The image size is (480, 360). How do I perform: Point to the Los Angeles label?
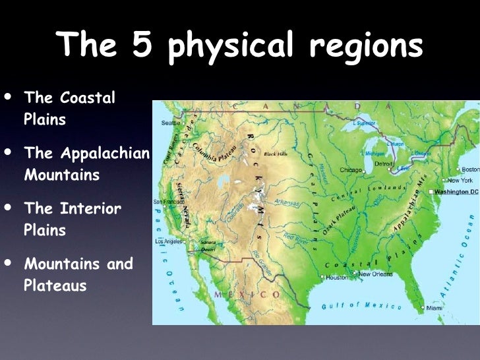169,241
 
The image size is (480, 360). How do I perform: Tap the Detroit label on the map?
384,163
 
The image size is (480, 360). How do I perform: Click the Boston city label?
470,169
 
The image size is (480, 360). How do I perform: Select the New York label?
460,180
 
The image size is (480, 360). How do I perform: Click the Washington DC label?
456,191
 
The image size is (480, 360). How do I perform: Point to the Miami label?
434,308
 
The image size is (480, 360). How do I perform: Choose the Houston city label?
337,278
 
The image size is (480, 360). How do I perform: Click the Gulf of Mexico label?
361,306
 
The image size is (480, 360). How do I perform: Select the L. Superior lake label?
364,123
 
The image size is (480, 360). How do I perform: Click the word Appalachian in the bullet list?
88,153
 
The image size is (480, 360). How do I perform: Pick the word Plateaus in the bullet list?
55,287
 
